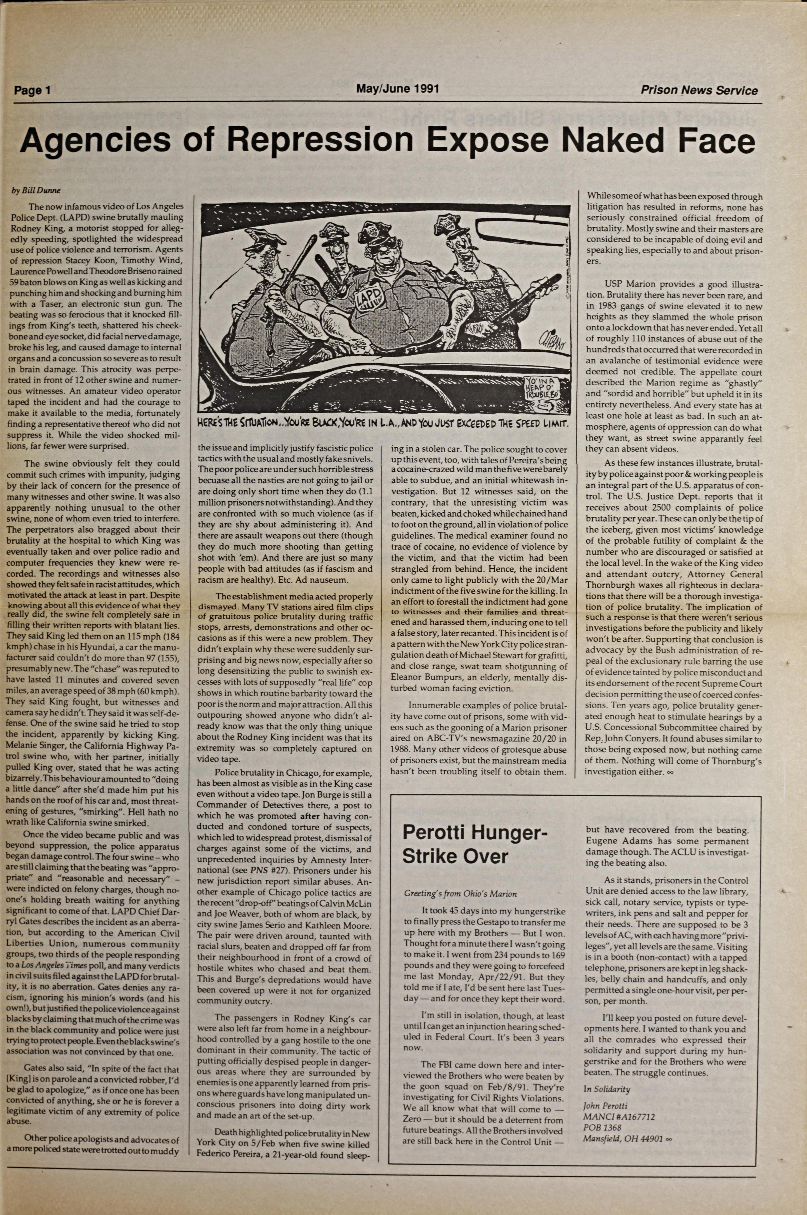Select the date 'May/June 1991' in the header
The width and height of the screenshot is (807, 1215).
tap(397, 88)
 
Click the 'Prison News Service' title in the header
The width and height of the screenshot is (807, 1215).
tap(699, 91)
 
